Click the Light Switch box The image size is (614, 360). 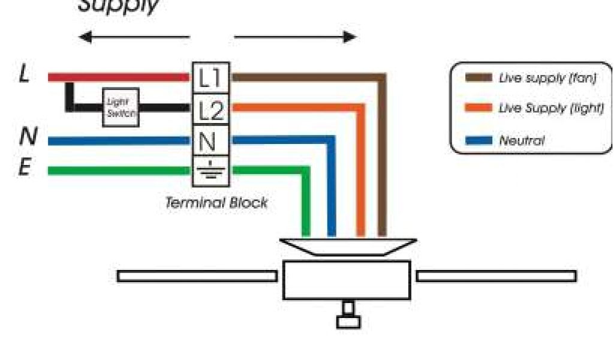coord(121,107)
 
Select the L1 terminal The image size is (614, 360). coord(209,77)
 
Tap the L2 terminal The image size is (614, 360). coord(209,109)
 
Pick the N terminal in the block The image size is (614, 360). coord(209,140)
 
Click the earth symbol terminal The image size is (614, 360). coord(209,171)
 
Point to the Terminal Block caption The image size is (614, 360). coord(216,202)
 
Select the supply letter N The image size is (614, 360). coord(27,137)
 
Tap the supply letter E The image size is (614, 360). coord(25,167)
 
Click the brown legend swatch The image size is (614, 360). coord(478,78)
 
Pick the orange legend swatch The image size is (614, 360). coord(478,109)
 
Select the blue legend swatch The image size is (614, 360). coord(478,140)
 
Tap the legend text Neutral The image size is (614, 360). coord(522,141)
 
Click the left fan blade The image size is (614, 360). coord(197,276)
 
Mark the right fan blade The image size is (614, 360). coord(496,276)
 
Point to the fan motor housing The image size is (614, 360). coord(347,280)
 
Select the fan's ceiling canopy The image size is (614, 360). coord(348,246)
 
